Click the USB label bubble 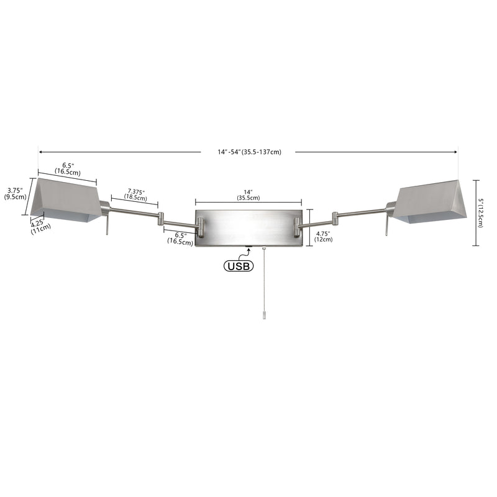239,266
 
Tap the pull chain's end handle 263,315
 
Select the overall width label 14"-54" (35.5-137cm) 249,152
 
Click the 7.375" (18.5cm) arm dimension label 135,194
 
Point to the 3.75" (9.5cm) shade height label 15,193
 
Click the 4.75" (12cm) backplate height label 323,237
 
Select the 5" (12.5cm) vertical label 480,213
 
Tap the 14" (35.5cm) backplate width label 248,195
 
